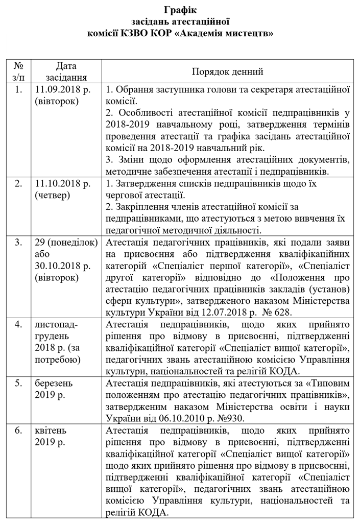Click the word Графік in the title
(x=180, y=10)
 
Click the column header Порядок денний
(x=228, y=71)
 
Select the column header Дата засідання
(x=66, y=71)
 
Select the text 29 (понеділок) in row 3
(x=66, y=243)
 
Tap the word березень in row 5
(x=55, y=383)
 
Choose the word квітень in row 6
(x=52, y=431)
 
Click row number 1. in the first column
(x=19, y=90)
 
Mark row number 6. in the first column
(x=19, y=431)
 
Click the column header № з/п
(x=19, y=71)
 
